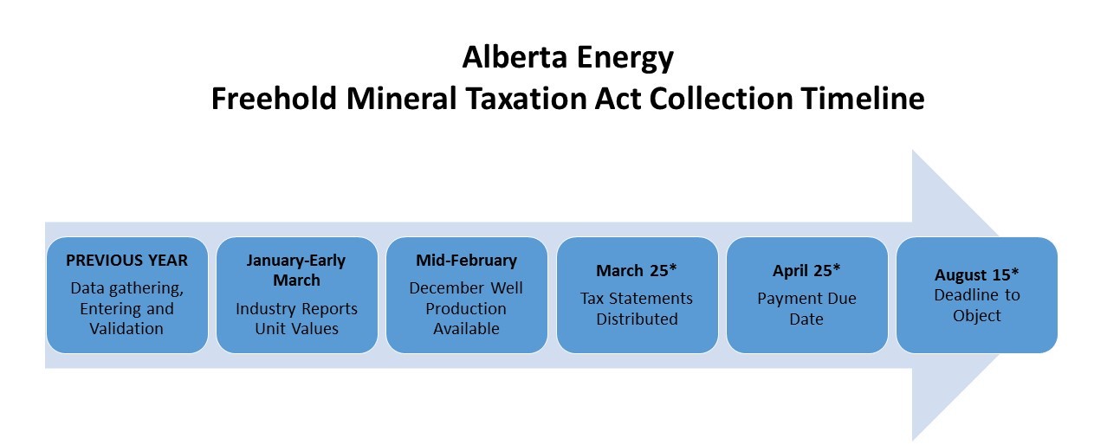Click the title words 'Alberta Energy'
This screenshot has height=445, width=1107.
click(x=568, y=58)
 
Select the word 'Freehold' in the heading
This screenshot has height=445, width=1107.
click(x=275, y=99)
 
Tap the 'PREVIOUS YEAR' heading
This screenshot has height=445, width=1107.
click(x=127, y=261)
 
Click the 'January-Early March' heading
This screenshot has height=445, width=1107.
click(x=296, y=270)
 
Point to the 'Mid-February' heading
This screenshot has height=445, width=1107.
click(x=467, y=261)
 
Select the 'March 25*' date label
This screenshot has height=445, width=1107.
click(x=637, y=271)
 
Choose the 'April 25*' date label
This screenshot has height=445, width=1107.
click(x=806, y=271)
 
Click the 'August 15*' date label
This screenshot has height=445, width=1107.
click(x=976, y=274)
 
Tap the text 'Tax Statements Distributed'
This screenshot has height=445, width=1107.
click(x=637, y=309)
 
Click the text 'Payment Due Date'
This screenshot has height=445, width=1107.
click(x=806, y=309)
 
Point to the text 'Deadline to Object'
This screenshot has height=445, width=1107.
click(x=976, y=306)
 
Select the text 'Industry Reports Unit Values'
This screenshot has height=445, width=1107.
click(x=296, y=319)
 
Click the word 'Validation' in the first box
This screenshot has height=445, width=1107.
click(x=126, y=329)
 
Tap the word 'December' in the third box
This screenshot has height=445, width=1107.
click(x=446, y=288)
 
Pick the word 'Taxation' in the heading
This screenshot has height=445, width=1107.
click(x=526, y=99)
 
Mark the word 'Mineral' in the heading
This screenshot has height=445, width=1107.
click(x=401, y=99)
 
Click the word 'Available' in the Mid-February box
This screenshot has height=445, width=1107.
click(x=467, y=329)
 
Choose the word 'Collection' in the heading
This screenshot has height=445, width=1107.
click(x=721, y=99)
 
